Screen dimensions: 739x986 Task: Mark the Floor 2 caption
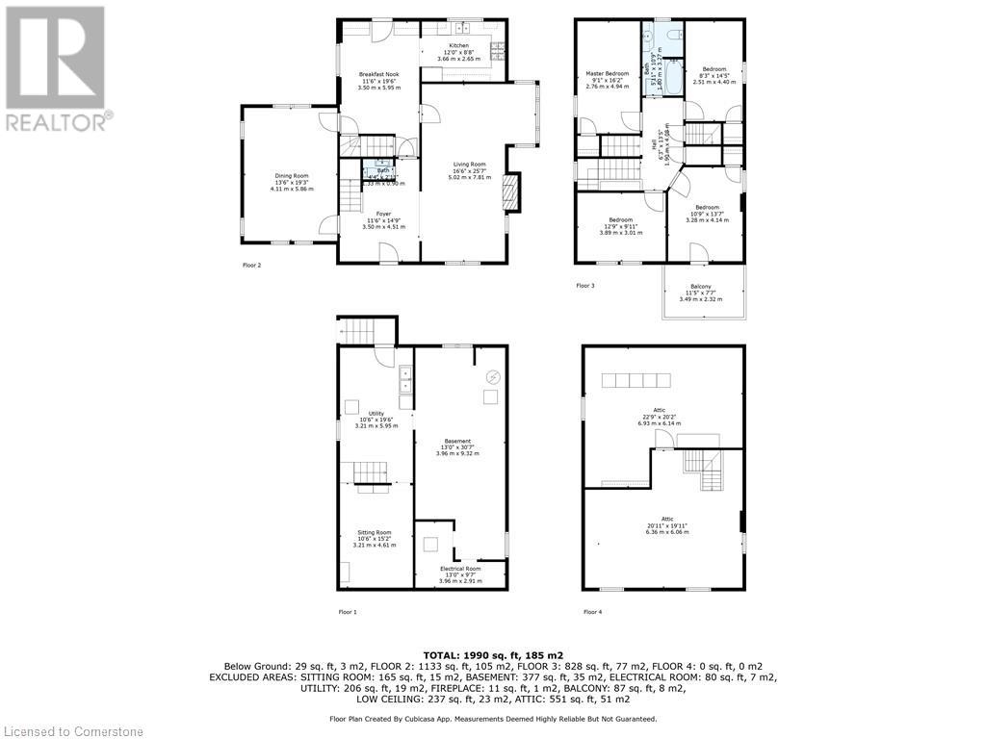[x=251, y=265]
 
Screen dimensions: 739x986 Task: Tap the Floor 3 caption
[x=585, y=286]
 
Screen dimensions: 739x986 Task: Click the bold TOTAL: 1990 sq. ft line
[x=492, y=653]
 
